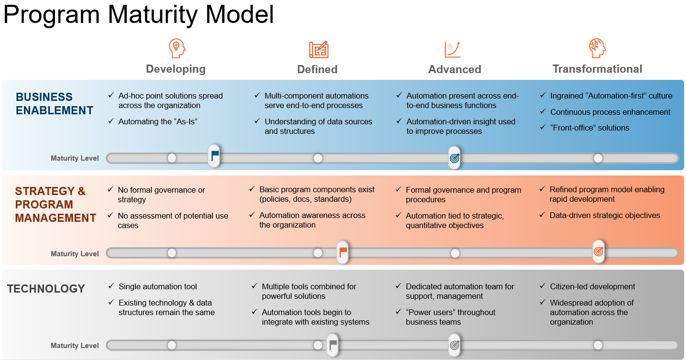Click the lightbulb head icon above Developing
[177, 48]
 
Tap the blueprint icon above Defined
[318, 49]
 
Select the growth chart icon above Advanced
[452, 49]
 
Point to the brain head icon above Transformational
[597, 48]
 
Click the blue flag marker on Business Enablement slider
[214, 156]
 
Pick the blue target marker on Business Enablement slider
[455, 158]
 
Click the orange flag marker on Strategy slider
[342, 252]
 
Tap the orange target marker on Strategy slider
[599, 251]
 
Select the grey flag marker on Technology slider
[333, 345]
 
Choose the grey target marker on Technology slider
[455, 345]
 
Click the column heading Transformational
[597, 69]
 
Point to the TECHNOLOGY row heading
[46, 289]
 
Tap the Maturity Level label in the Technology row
[75, 346]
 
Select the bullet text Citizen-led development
[592, 286]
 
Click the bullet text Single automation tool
[158, 286]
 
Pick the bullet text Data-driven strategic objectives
[605, 215]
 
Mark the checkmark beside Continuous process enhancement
[542, 111]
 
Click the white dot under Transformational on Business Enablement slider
[598, 158]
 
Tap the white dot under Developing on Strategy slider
[172, 253]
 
